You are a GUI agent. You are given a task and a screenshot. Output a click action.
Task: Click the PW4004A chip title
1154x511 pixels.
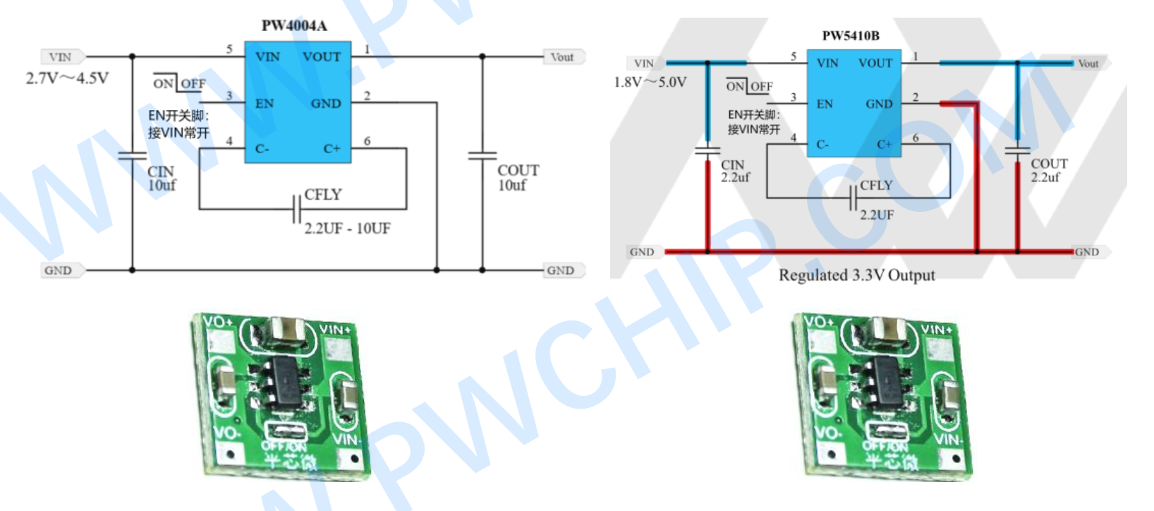tap(294, 26)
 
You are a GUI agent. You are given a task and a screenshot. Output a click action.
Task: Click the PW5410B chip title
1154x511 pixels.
tap(850, 36)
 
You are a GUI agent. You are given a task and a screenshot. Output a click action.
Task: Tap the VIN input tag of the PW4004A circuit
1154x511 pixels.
tap(61, 57)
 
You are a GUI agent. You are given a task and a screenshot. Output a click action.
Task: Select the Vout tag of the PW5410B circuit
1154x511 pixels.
tap(1088, 64)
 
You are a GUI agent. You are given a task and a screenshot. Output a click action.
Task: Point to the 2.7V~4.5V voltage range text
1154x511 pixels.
tap(67, 78)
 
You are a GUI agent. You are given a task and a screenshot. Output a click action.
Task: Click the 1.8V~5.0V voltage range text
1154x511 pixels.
tap(650, 83)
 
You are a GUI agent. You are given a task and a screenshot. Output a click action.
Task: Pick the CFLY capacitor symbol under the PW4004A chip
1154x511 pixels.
tap(297, 209)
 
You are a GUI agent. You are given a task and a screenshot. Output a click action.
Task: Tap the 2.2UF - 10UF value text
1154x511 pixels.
tap(347, 229)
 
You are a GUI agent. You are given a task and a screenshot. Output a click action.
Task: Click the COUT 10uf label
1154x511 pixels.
tap(517, 178)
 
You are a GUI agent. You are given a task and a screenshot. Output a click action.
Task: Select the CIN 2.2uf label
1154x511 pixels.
tap(734, 172)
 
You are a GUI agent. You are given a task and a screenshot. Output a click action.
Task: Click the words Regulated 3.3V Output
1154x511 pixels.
tap(856, 275)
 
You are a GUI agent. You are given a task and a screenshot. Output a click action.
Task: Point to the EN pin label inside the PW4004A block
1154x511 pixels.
tap(265, 104)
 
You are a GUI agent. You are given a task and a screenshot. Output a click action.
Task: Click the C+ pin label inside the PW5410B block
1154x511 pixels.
tap(885, 145)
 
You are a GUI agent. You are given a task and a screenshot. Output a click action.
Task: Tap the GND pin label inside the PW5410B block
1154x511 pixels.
tap(879, 104)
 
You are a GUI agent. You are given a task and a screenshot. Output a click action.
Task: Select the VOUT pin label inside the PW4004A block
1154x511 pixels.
tap(322, 57)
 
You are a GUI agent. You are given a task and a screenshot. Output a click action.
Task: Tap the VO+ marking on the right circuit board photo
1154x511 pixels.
tap(818, 322)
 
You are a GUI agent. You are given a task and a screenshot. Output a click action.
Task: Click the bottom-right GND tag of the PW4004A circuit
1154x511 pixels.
tap(561, 270)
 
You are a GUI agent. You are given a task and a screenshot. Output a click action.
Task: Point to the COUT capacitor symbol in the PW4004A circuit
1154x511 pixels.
tap(482, 155)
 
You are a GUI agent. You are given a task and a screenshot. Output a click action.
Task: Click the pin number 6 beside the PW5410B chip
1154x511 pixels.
tap(916, 138)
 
